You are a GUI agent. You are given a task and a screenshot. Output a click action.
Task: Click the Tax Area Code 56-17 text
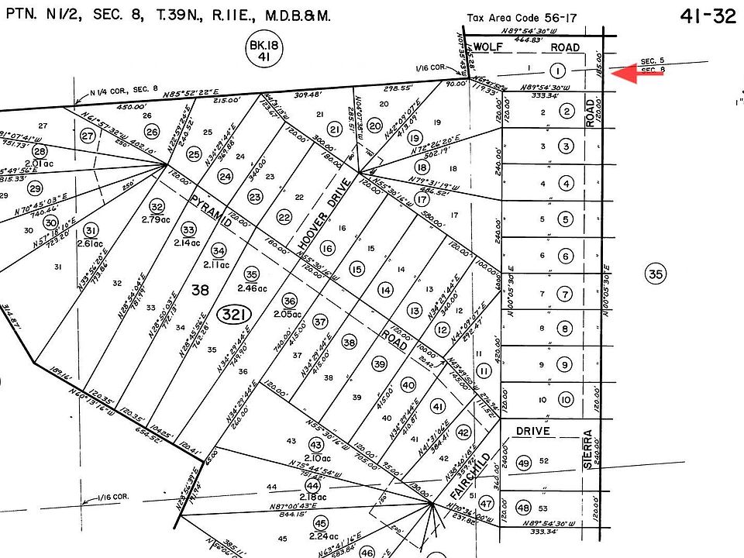coord(515,18)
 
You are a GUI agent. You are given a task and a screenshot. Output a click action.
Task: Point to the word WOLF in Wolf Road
coord(489,47)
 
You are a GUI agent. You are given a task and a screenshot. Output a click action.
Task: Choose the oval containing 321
coord(233,315)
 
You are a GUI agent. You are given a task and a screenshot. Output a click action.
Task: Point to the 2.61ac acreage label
coord(91,243)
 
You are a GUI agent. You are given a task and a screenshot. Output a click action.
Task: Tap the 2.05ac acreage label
coord(288,314)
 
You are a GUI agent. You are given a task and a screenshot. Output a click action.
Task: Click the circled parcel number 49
coord(523,463)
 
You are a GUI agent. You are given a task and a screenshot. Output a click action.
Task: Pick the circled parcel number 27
coord(88,136)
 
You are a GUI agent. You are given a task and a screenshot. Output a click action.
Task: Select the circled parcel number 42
coord(463,432)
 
